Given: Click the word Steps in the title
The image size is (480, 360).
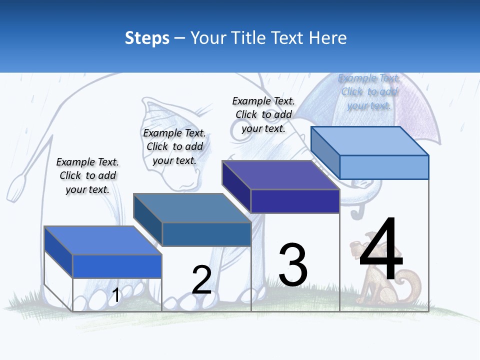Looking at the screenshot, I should tap(147, 38).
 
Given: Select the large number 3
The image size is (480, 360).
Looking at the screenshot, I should tap(293, 265).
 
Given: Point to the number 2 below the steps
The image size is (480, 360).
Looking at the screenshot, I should tap(201, 280).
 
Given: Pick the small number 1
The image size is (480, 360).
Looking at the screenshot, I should tap(115, 295).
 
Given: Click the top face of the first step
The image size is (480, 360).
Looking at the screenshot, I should tap(102, 240).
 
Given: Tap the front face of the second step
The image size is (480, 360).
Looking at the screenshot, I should tap(206, 234).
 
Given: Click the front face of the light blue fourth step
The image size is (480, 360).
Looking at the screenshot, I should tap(384, 167).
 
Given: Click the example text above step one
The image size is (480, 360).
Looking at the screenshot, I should tap(87, 175).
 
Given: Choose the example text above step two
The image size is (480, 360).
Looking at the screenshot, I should tap(174, 146).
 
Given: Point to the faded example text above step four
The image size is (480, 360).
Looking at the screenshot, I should tap(369, 91).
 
